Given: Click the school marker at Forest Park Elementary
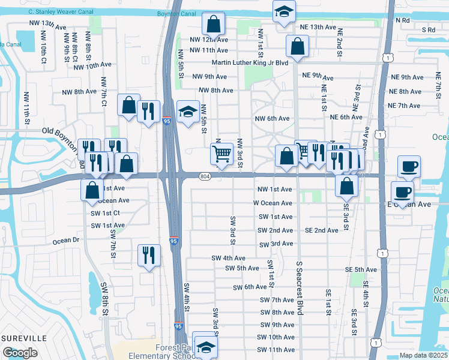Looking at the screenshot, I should tap(205, 347).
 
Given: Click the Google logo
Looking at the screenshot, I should tap(20, 353).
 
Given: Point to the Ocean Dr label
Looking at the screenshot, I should tap(66, 240).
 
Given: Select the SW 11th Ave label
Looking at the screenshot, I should tap(276, 350).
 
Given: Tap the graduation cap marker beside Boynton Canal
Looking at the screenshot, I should tap(284, 10).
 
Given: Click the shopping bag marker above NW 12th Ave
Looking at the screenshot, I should tap(213, 25).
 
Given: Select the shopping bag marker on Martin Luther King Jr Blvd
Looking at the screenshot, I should tap(297, 45).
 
